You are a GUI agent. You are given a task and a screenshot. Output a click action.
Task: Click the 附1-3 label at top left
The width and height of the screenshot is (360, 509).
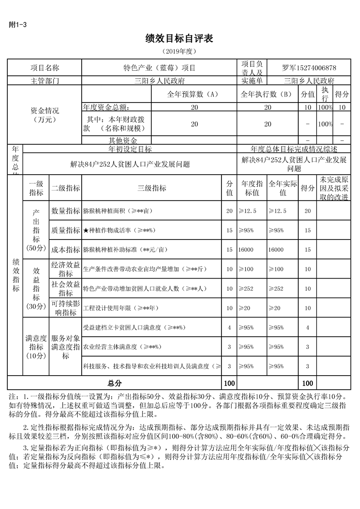coord(18,25)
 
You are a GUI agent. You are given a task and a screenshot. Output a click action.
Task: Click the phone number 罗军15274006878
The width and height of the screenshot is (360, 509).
coord(309,68)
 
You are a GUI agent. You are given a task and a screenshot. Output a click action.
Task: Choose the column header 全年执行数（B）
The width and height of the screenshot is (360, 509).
coord(267,94)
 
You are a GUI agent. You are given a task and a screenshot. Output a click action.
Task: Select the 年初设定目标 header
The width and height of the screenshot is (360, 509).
coord(130,149)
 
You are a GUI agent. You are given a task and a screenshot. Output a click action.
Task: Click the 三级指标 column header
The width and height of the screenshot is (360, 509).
coord(152,189)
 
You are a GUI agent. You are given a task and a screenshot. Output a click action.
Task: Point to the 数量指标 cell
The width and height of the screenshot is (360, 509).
coord(66,211)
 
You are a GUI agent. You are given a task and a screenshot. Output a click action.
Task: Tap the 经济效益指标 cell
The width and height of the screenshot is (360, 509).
coord(66,269)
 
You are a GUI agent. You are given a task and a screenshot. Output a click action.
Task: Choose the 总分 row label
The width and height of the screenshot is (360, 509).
coord(114,383)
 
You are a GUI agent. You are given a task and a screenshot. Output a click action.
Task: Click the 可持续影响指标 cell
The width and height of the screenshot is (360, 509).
coord(66,308)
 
